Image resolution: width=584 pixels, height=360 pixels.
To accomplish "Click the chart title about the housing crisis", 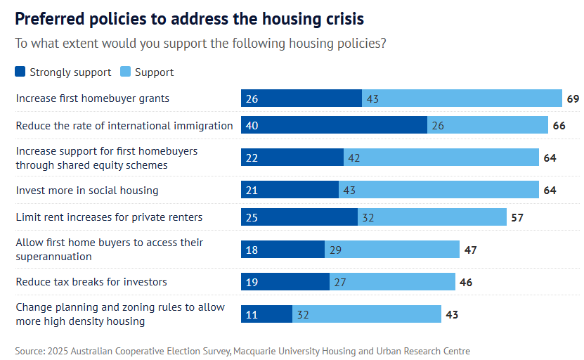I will pyautogui.click(x=190, y=18).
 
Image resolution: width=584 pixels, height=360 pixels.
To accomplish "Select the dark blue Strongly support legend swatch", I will pyautogui.click(x=20, y=72).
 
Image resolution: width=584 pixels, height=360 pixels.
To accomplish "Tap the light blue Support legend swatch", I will pyautogui.click(x=126, y=72).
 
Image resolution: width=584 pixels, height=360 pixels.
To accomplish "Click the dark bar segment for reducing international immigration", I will pyautogui.click(x=334, y=126).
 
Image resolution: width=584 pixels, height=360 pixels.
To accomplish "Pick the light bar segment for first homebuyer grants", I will pyautogui.click(x=462, y=98).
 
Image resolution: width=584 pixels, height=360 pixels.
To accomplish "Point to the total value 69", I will pyautogui.click(x=573, y=98).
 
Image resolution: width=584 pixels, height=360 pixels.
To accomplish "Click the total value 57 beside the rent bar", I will pyautogui.click(x=517, y=217).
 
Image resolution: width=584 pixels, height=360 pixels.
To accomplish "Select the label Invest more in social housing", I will pyautogui.click(x=87, y=191).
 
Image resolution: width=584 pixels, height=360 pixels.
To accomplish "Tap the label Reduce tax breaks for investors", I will pyautogui.click(x=91, y=282).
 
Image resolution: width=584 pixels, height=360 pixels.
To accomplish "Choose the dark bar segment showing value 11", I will pyautogui.click(x=266, y=314).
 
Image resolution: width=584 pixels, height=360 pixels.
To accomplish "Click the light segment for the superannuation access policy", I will pyautogui.click(x=391, y=250).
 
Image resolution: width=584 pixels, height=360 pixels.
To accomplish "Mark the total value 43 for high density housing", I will pyautogui.click(x=452, y=314).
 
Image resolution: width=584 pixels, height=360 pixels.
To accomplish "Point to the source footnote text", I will pyautogui.click(x=242, y=351).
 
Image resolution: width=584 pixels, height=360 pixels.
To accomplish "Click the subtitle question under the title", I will pyautogui.click(x=200, y=43).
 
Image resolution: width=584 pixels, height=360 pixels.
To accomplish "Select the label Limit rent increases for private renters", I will pyautogui.click(x=109, y=217).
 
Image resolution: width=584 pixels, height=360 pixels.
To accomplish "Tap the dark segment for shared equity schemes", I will pyautogui.click(x=292, y=157).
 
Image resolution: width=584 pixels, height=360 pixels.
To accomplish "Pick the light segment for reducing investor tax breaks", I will pyautogui.click(x=392, y=282).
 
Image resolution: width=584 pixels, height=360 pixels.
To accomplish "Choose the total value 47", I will pyautogui.click(x=471, y=250).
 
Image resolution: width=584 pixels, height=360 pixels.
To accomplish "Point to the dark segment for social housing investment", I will pyautogui.click(x=290, y=191).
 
